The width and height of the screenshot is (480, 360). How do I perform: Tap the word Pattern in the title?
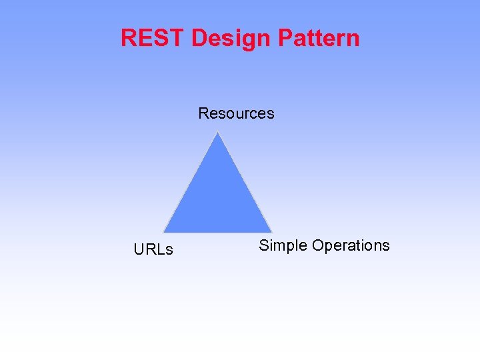[319, 38]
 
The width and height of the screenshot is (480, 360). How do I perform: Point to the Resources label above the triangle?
[236, 113]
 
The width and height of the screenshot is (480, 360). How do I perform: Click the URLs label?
[153, 250]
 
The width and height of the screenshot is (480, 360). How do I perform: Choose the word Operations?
[351, 246]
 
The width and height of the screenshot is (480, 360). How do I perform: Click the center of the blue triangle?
[218, 197]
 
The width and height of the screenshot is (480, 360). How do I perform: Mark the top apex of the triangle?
[218, 133]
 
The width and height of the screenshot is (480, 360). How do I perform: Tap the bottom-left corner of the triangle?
[165, 231]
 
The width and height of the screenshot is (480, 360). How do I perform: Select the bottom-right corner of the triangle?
[271, 231]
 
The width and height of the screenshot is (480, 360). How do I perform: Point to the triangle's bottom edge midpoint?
[218, 231]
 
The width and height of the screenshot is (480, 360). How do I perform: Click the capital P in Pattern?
[285, 38]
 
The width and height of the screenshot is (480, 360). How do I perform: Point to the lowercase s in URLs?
[169, 251]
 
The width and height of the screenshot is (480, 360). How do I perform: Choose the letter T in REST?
[177, 38]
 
